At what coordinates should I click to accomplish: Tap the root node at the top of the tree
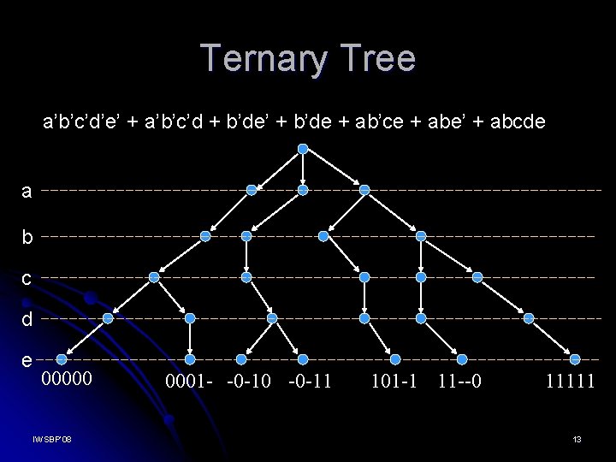(x=302, y=149)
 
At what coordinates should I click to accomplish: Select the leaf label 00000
(x=68, y=378)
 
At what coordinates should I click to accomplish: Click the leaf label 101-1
(x=394, y=378)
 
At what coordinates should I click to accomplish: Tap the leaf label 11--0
(x=459, y=378)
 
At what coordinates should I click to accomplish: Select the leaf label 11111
(x=570, y=378)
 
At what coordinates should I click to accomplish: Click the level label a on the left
(x=27, y=191)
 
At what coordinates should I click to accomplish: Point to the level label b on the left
(x=27, y=236)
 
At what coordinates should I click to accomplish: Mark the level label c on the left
(x=27, y=277)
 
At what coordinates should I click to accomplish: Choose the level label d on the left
(x=27, y=319)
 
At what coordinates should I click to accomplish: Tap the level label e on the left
(x=27, y=360)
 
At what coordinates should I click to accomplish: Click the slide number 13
(x=577, y=440)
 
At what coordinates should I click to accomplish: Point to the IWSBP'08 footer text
(x=52, y=440)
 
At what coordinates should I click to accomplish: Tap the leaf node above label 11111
(x=575, y=359)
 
